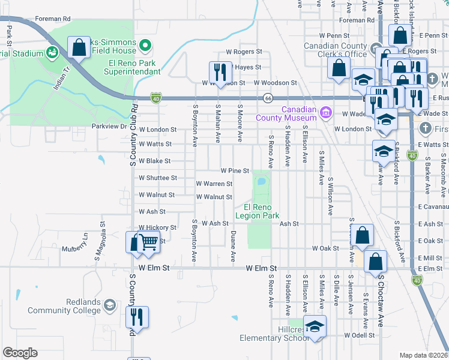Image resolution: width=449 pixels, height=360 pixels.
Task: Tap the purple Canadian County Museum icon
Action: [x=326, y=112]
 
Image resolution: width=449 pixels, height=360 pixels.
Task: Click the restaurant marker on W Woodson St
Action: [x=220, y=73]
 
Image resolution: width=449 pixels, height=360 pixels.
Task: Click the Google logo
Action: [x=20, y=353]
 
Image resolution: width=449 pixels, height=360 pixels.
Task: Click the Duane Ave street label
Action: [x=233, y=247]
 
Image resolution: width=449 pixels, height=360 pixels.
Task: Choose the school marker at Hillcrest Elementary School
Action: [x=314, y=326]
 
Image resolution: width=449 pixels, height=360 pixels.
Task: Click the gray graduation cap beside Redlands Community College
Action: [x=109, y=306]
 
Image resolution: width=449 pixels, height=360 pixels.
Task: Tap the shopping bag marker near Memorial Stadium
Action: [x=79, y=47]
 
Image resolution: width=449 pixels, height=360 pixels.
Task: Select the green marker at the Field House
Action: [x=144, y=45]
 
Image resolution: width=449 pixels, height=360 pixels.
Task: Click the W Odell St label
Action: [x=360, y=335]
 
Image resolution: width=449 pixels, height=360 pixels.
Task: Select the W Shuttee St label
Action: [x=158, y=178]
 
